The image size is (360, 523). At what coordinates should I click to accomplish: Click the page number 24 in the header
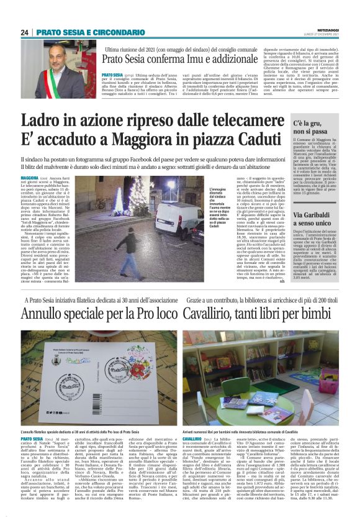coord(24,32)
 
